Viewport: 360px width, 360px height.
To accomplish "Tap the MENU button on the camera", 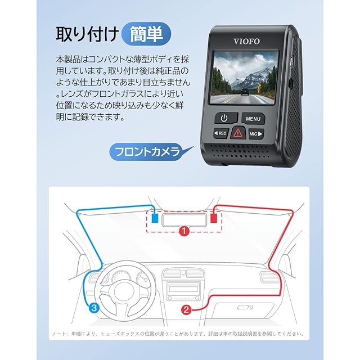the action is [253, 119].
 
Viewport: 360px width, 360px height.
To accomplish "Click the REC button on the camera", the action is [220, 133].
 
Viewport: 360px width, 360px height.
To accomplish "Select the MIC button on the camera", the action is [255, 134].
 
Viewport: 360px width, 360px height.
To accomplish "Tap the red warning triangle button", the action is [238, 134].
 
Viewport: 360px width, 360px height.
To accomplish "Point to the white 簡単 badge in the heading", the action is [145, 34].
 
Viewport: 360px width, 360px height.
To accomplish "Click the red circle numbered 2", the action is [187, 309].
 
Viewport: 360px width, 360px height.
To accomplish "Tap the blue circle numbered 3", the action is [94, 307].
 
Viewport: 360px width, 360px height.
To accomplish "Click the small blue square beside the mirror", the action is [154, 217].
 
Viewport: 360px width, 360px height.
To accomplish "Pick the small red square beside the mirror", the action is [214, 217].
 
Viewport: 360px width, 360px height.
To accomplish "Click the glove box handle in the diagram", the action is [245, 307].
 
